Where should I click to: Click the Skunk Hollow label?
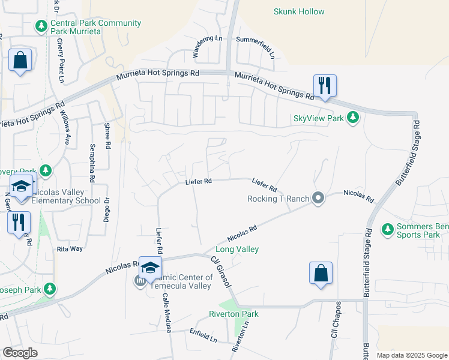(x=298, y=11)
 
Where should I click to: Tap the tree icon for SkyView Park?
(x=354, y=117)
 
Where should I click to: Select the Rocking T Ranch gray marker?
(x=318, y=197)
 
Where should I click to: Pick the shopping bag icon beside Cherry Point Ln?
(x=20, y=60)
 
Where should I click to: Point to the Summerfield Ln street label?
(x=255, y=48)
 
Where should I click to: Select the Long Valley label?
(x=237, y=249)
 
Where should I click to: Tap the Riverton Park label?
(x=234, y=314)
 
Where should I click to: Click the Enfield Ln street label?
(x=203, y=335)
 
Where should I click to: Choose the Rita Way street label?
(x=69, y=248)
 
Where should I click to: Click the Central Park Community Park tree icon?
(x=41, y=26)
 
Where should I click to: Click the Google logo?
(x=20, y=353)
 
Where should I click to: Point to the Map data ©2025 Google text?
(x=411, y=355)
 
